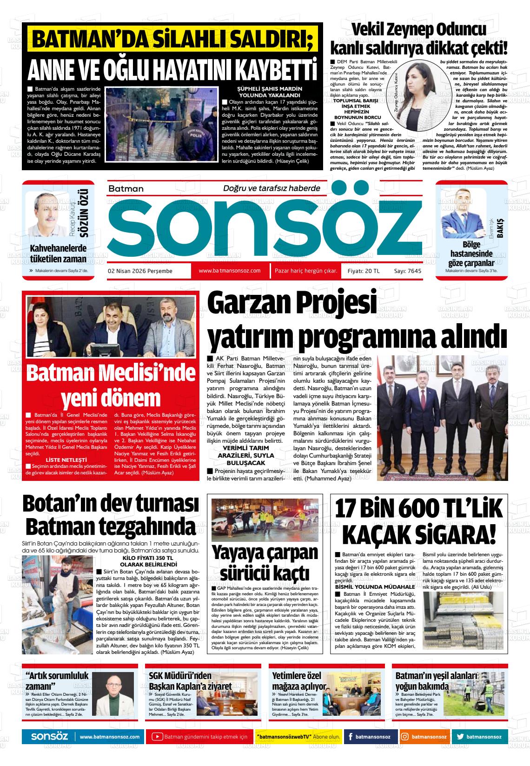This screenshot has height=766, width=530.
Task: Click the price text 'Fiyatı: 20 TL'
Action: coord(364,271)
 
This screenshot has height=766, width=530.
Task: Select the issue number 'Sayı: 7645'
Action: coord(407,271)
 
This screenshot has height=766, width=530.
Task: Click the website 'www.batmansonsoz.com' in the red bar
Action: coord(229,271)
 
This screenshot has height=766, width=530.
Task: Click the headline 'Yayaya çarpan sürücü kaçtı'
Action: coord(265,562)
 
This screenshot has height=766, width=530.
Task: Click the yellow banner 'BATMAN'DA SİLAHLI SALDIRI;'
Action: coord(172,40)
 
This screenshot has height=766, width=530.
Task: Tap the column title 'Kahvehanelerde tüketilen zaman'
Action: coord(58,253)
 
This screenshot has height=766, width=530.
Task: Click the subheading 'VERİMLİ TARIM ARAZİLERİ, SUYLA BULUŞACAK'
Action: coord(246,455)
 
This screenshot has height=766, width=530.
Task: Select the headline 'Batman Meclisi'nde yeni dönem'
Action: coord(112,385)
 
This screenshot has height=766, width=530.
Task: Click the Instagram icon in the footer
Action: coord(405,737)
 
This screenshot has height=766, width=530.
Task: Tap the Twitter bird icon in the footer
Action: coord(460,737)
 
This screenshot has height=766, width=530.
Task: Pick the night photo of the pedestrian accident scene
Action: coord(265,521)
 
